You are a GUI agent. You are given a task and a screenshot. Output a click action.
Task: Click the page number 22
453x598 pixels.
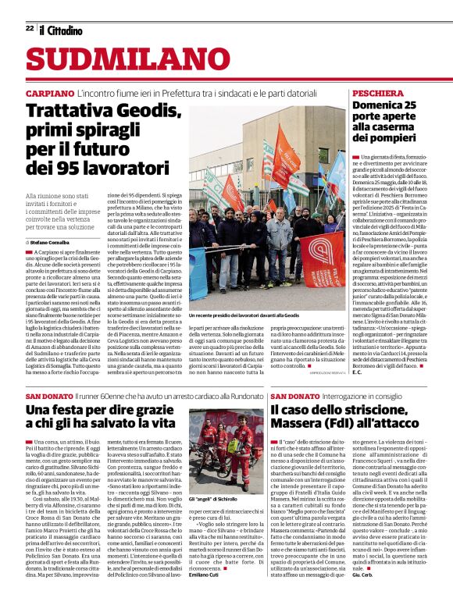pos(29,28)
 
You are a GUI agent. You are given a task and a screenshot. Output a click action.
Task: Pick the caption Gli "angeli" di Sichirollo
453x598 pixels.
pos(216,497)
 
